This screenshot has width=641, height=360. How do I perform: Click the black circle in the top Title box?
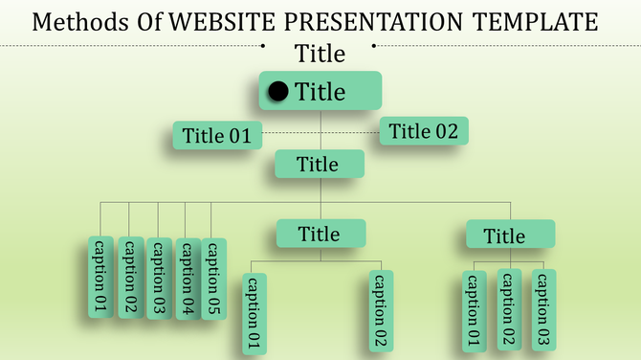click(x=278, y=92)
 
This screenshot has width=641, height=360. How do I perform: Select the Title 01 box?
click(x=217, y=136)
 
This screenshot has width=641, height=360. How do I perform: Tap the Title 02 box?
click(x=424, y=131)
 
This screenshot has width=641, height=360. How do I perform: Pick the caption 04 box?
click(x=188, y=279)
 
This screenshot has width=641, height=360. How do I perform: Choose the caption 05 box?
click(x=214, y=279)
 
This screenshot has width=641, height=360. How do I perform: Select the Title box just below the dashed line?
click(x=319, y=164)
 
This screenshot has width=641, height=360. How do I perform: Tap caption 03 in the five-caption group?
click(x=160, y=279)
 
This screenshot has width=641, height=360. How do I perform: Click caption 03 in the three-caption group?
click(x=543, y=308)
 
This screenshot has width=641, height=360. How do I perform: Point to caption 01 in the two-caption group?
click(x=254, y=313)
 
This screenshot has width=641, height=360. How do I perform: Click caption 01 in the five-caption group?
click(x=99, y=278)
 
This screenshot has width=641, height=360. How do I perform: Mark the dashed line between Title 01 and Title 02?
click(x=320, y=133)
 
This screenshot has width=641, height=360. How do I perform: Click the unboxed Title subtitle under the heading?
click(x=320, y=53)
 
